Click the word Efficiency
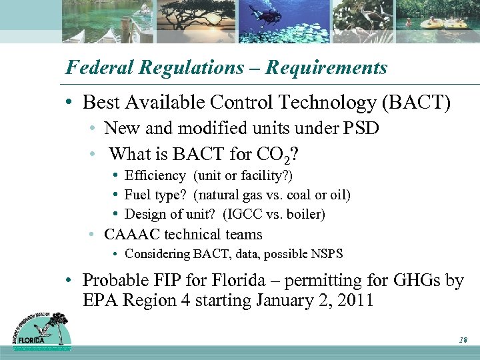[155, 176]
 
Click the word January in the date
[289, 301]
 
